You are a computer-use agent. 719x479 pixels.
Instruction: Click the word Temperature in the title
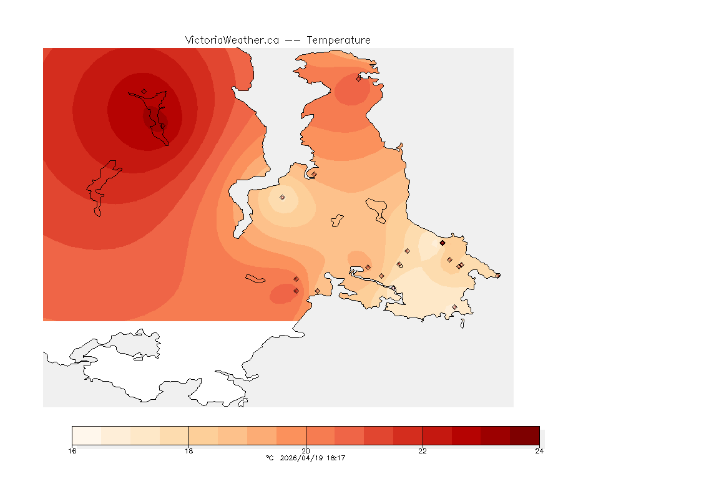coord(339,40)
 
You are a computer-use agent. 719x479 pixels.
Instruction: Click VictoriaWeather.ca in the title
coord(232,40)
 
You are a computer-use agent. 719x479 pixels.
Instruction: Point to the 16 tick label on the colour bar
coord(72,451)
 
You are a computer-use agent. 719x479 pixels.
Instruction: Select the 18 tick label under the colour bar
coord(188,451)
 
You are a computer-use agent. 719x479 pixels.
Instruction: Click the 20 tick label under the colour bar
coord(306,451)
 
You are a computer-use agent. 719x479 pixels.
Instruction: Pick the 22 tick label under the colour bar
coord(423,451)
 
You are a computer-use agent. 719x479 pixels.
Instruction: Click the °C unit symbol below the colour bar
coord(270,458)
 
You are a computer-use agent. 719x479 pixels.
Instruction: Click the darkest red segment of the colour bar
coord(524,435)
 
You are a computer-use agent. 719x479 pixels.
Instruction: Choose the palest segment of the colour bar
coord(86,435)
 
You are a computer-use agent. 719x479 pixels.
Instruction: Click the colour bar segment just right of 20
coord(320,435)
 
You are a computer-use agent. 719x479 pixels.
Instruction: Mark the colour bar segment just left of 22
coord(408,435)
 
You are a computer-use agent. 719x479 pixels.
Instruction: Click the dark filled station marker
coord(443,243)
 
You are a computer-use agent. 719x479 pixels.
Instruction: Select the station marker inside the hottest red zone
coord(144,91)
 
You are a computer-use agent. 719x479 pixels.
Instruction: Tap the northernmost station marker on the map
coord(359,78)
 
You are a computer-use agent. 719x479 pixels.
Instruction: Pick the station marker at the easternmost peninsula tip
coord(497,275)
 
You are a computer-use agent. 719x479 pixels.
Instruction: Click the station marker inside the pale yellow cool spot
coord(282,197)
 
